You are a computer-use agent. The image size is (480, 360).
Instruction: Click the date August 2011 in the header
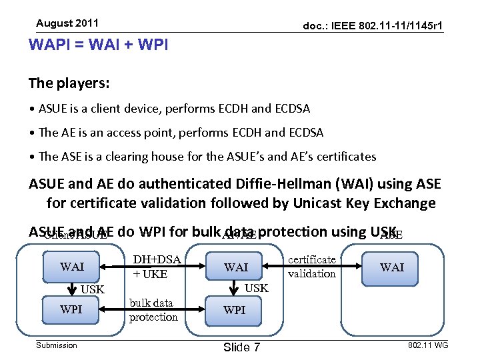click(67, 23)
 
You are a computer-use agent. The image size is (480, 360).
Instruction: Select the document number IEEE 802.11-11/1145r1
click(373, 26)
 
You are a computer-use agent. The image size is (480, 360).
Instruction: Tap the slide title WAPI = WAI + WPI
click(98, 45)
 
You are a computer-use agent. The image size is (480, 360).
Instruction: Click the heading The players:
click(69, 84)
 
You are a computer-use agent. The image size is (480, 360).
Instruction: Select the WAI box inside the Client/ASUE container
click(72, 267)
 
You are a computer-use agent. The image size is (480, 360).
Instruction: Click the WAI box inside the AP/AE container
click(235, 267)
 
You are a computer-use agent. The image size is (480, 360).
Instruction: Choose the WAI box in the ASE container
click(391, 267)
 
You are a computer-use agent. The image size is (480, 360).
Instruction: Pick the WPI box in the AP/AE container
click(234, 310)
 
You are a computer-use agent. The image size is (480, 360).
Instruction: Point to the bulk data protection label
click(153, 310)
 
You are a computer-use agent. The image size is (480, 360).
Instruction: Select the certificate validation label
click(311, 267)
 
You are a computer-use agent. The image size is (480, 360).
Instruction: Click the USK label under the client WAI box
click(93, 289)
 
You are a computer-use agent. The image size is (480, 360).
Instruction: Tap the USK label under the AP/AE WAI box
click(257, 288)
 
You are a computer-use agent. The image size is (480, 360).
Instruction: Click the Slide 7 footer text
click(242, 347)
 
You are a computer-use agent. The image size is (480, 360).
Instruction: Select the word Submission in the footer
click(57, 345)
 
